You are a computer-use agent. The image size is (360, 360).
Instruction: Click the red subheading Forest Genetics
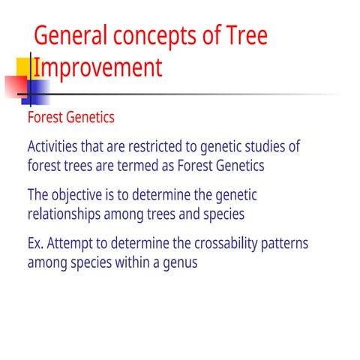click(x=70, y=118)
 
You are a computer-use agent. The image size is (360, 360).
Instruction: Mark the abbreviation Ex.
click(x=36, y=244)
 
